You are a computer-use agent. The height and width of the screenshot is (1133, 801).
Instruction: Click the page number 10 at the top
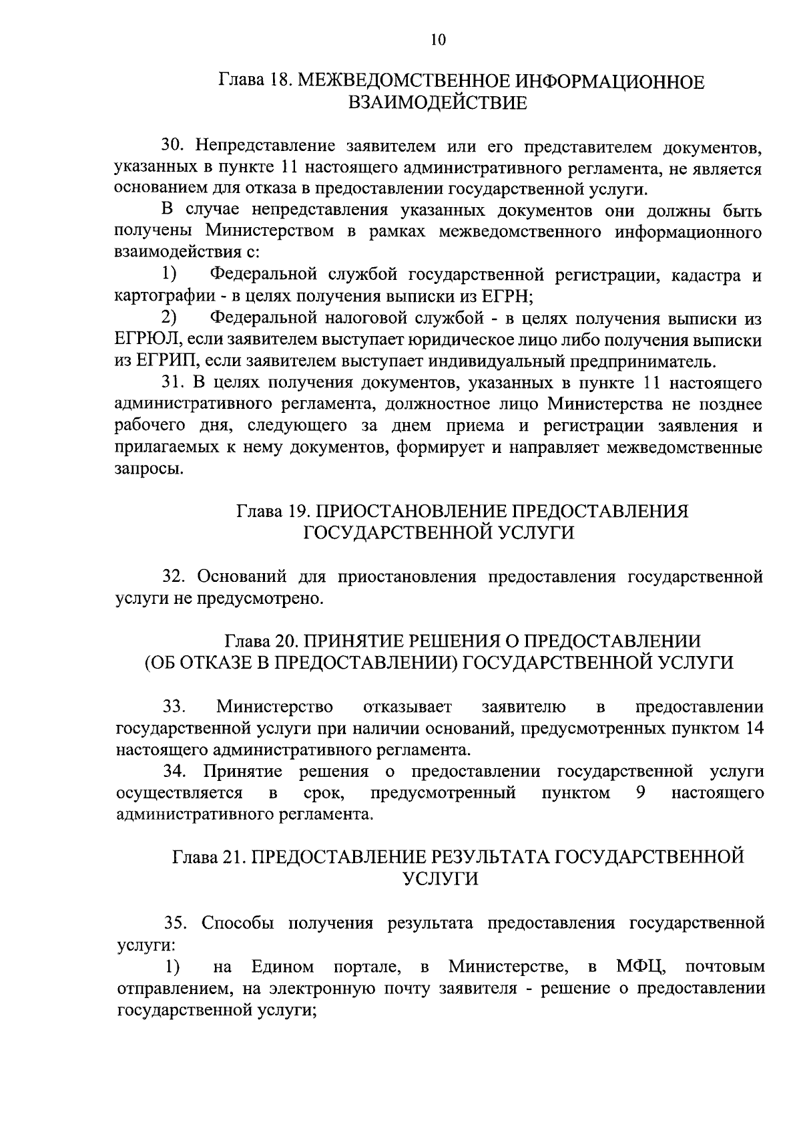(437, 39)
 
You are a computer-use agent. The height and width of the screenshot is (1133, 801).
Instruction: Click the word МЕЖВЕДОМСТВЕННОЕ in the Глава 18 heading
(403, 82)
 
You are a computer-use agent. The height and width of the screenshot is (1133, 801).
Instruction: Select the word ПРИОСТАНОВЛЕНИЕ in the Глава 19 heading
(412, 512)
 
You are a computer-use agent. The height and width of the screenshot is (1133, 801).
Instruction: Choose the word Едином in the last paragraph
(282, 967)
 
